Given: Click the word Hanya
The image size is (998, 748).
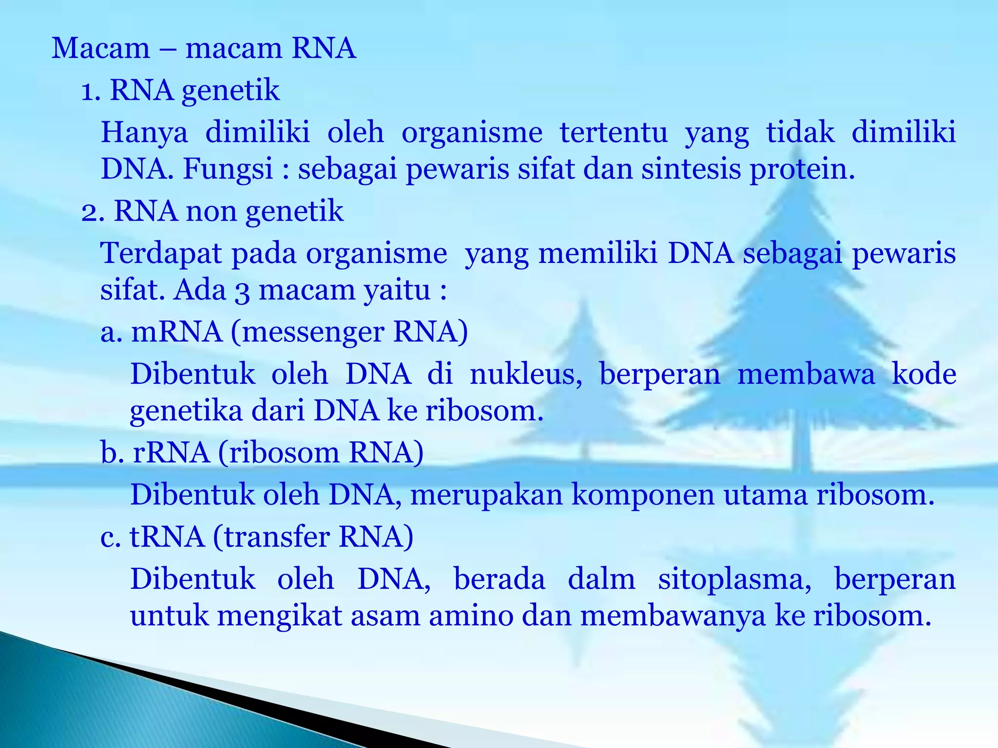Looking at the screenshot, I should [144, 132].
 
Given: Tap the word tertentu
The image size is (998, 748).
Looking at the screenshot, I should [614, 132].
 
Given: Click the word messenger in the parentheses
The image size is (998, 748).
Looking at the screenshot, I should [312, 333].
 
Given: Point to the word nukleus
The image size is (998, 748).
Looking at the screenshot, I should [526, 374].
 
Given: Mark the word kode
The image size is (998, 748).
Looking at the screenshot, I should [924, 374].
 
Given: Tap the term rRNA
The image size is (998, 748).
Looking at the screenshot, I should [172, 452].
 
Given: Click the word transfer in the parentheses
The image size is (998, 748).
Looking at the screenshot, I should [276, 537].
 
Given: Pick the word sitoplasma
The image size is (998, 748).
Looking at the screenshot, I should [734, 580].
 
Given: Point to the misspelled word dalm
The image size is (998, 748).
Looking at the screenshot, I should [601, 579].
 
